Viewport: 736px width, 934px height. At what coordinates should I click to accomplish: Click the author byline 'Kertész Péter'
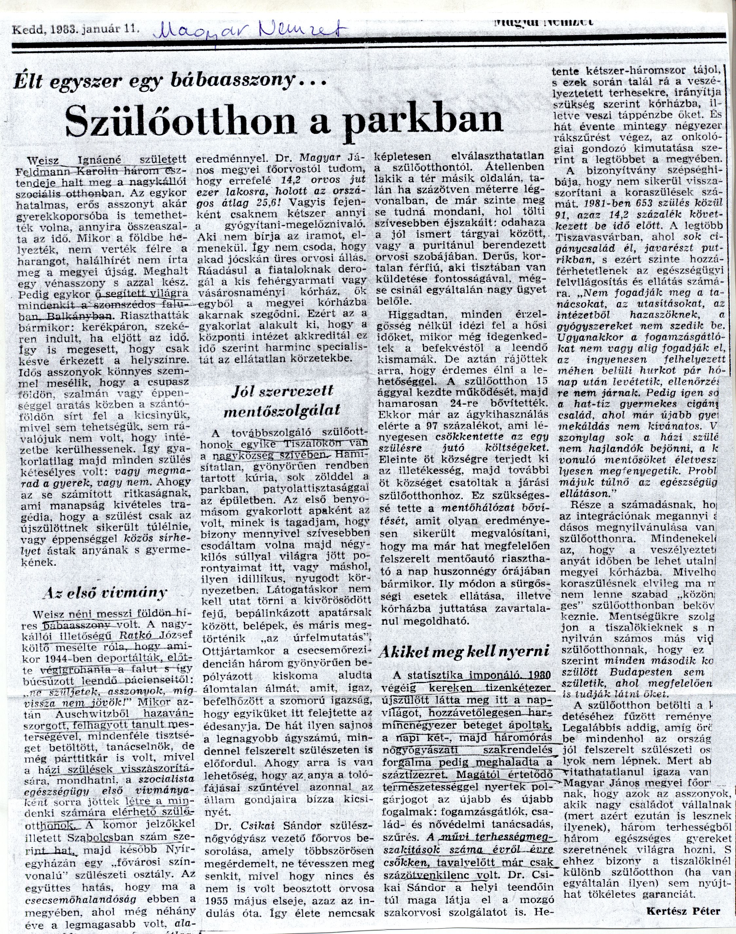click(683, 911)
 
